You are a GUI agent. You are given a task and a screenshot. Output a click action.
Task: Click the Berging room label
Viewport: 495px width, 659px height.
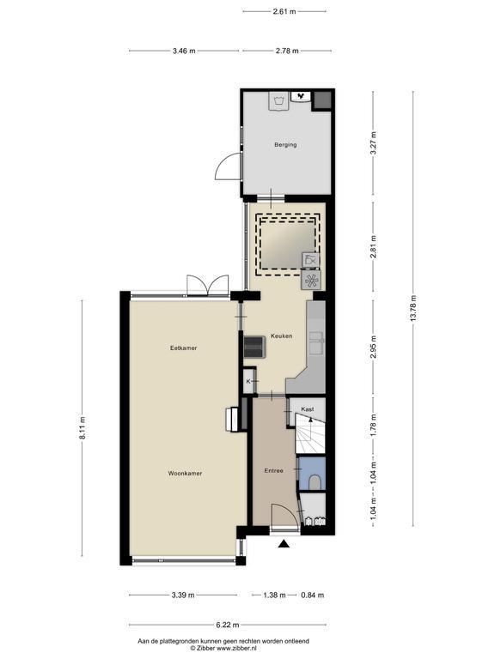pos(285,144)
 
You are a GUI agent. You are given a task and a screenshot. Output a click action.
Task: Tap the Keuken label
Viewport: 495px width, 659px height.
pos(281,336)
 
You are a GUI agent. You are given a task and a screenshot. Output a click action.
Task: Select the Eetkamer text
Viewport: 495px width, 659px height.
pos(183,348)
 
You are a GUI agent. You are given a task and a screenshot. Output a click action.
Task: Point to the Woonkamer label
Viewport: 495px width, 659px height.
pos(185,474)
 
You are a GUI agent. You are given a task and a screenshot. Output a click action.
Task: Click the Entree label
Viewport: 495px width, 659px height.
pos(273,471)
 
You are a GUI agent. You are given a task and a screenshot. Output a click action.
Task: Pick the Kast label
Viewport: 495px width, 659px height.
pos(308,409)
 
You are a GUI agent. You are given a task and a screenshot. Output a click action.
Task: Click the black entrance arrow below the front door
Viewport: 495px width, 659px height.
pos(284,544)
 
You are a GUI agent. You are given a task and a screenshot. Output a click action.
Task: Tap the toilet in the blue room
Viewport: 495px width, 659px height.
pos(315,482)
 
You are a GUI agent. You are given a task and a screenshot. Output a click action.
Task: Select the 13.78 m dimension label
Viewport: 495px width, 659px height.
pos(412,309)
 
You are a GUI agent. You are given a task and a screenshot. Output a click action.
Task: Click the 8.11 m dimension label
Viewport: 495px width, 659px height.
pos(82,428)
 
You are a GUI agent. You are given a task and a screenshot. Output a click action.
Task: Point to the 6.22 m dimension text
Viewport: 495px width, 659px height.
pos(227,625)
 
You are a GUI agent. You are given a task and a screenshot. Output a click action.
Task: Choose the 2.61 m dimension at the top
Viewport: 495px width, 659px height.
pos(284,11)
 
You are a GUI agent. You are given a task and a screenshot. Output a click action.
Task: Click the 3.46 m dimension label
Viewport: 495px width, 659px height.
pos(184,51)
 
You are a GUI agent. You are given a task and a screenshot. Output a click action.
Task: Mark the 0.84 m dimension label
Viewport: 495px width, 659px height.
pos(312,596)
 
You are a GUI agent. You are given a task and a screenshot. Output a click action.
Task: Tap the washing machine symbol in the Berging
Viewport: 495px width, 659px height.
pos(278,101)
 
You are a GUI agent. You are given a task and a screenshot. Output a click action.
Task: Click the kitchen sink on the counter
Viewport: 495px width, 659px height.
pos(316,342)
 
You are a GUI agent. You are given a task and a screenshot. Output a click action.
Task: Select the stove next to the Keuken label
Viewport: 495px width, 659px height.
pos(254,347)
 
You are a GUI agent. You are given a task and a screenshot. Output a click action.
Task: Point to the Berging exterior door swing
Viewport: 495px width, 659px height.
pos(228,166)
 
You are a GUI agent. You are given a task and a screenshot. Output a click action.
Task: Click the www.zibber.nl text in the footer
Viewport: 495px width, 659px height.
pos(236,648)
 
